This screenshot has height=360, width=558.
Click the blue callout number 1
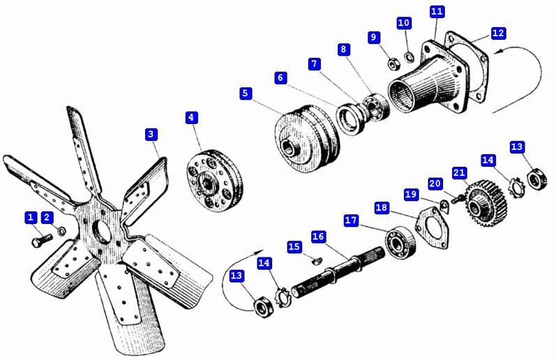[x=31, y=218]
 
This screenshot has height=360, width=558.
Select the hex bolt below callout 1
[x=42, y=241]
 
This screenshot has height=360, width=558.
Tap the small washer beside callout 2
[x=61, y=231]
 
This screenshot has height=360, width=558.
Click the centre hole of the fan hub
[x=101, y=232]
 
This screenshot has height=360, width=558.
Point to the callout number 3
[x=151, y=134]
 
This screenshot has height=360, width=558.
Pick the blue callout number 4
[x=191, y=118]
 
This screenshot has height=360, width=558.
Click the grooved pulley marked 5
[x=307, y=140]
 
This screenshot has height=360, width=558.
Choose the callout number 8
[x=343, y=49]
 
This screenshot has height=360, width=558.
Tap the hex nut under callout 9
[x=394, y=64]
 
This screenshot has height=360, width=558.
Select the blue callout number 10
[x=404, y=23]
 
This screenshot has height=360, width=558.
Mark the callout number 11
[x=437, y=11]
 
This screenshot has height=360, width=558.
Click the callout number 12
[x=498, y=33]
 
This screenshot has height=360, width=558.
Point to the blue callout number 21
[x=459, y=174]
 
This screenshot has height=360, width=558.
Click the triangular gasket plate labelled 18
[x=432, y=227]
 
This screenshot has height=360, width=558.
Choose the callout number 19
[x=411, y=195]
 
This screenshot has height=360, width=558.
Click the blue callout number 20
[x=435, y=183]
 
